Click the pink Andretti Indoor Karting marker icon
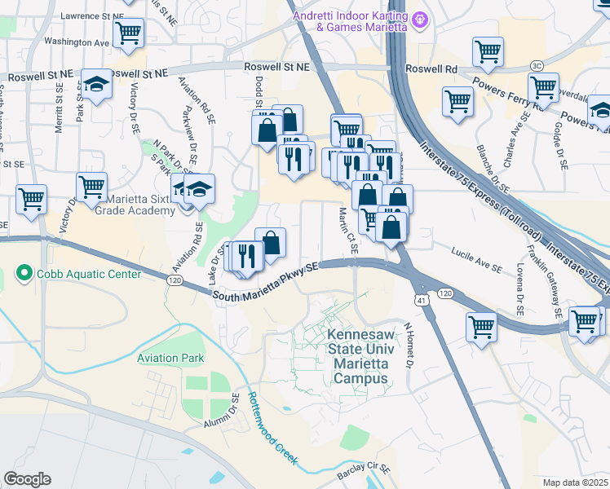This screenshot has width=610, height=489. (420, 18)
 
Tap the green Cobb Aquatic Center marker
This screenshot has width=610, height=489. (25, 274)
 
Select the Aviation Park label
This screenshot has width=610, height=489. (170, 358)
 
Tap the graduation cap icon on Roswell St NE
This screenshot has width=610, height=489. (96, 84)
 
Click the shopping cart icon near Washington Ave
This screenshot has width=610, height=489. (128, 33)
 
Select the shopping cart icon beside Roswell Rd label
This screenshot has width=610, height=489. (487, 51)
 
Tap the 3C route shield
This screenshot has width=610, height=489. (537, 65)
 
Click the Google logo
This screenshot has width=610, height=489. (27, 479)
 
